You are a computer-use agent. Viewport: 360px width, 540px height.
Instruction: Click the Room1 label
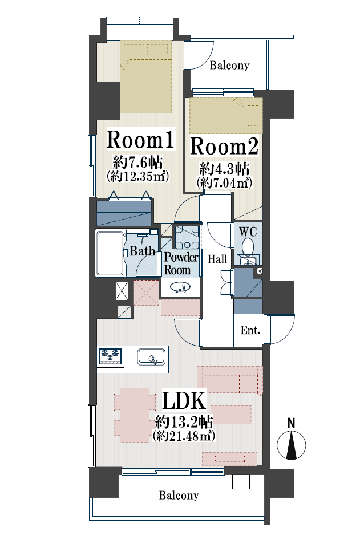pos(140,140)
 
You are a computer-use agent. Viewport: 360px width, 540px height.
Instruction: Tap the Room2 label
pos(224,146)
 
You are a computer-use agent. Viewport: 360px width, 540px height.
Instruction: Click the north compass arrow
pos(292,445)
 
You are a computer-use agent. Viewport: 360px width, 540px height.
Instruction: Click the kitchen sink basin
pos(151,357)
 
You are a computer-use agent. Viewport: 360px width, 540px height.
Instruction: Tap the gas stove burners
pos(110,356)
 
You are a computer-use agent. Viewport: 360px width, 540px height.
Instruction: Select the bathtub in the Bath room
pos(110,253)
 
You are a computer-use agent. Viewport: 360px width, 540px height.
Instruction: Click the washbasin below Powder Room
pos(180,287)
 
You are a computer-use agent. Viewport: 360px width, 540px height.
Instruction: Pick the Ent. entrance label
pos(250,330)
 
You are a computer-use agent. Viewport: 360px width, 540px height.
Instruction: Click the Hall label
pos(217,259)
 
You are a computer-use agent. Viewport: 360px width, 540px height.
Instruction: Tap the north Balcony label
pos(229,65)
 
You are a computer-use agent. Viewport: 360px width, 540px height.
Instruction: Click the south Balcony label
pos(179,495)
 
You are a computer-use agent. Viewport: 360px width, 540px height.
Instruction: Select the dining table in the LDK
pos(135,415)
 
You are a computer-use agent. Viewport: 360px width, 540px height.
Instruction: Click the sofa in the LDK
pos(230,379)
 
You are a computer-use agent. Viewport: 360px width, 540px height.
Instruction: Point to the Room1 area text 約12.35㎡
pos(138,176)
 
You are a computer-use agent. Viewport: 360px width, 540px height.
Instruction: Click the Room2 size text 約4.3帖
pos(225,169)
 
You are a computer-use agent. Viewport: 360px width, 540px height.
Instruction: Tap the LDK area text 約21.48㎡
pos(184,436)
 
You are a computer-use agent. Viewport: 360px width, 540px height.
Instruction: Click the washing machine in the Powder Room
pos(187,237)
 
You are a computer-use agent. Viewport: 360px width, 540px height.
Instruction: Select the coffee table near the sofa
pos(231,415)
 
